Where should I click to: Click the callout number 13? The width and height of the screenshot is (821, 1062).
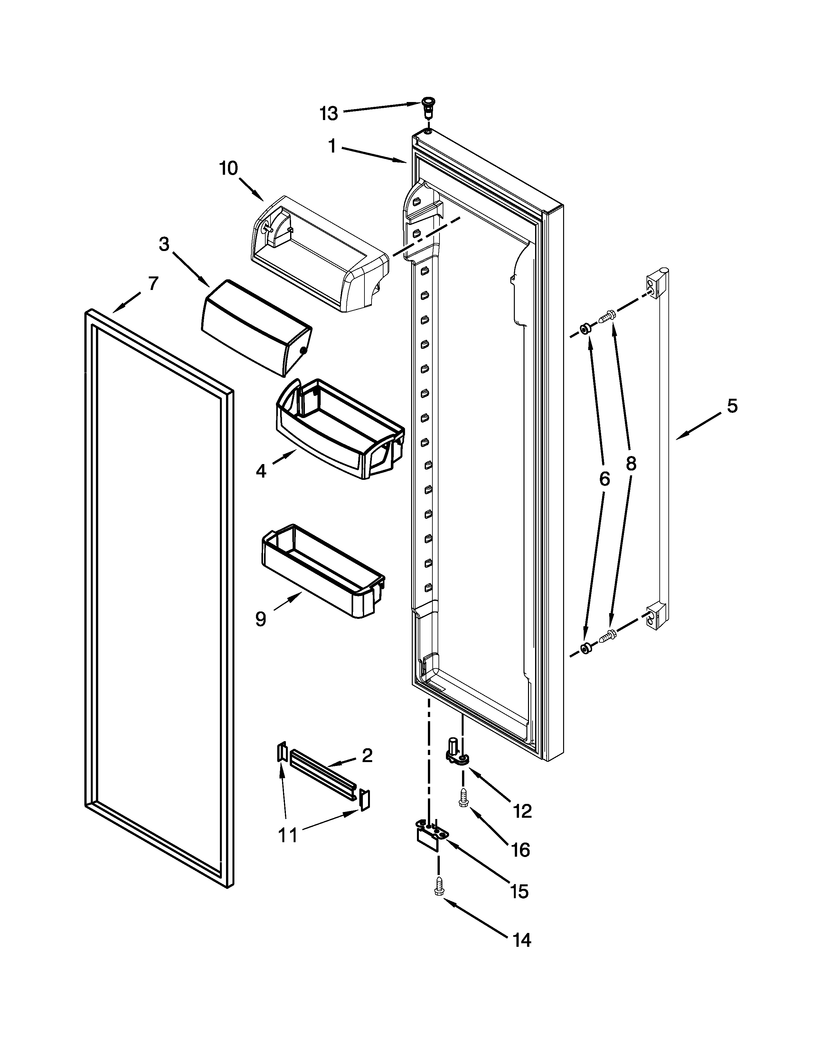tap(328, 114)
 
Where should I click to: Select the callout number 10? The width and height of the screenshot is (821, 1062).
tap(228, 168)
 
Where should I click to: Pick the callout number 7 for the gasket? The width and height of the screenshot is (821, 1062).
tap(153, 283)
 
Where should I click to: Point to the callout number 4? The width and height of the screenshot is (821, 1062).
tap(261, 471)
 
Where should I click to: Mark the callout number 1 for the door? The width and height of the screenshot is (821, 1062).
tap(332, 146)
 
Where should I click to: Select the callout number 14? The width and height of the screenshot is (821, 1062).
tap(521, 940)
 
